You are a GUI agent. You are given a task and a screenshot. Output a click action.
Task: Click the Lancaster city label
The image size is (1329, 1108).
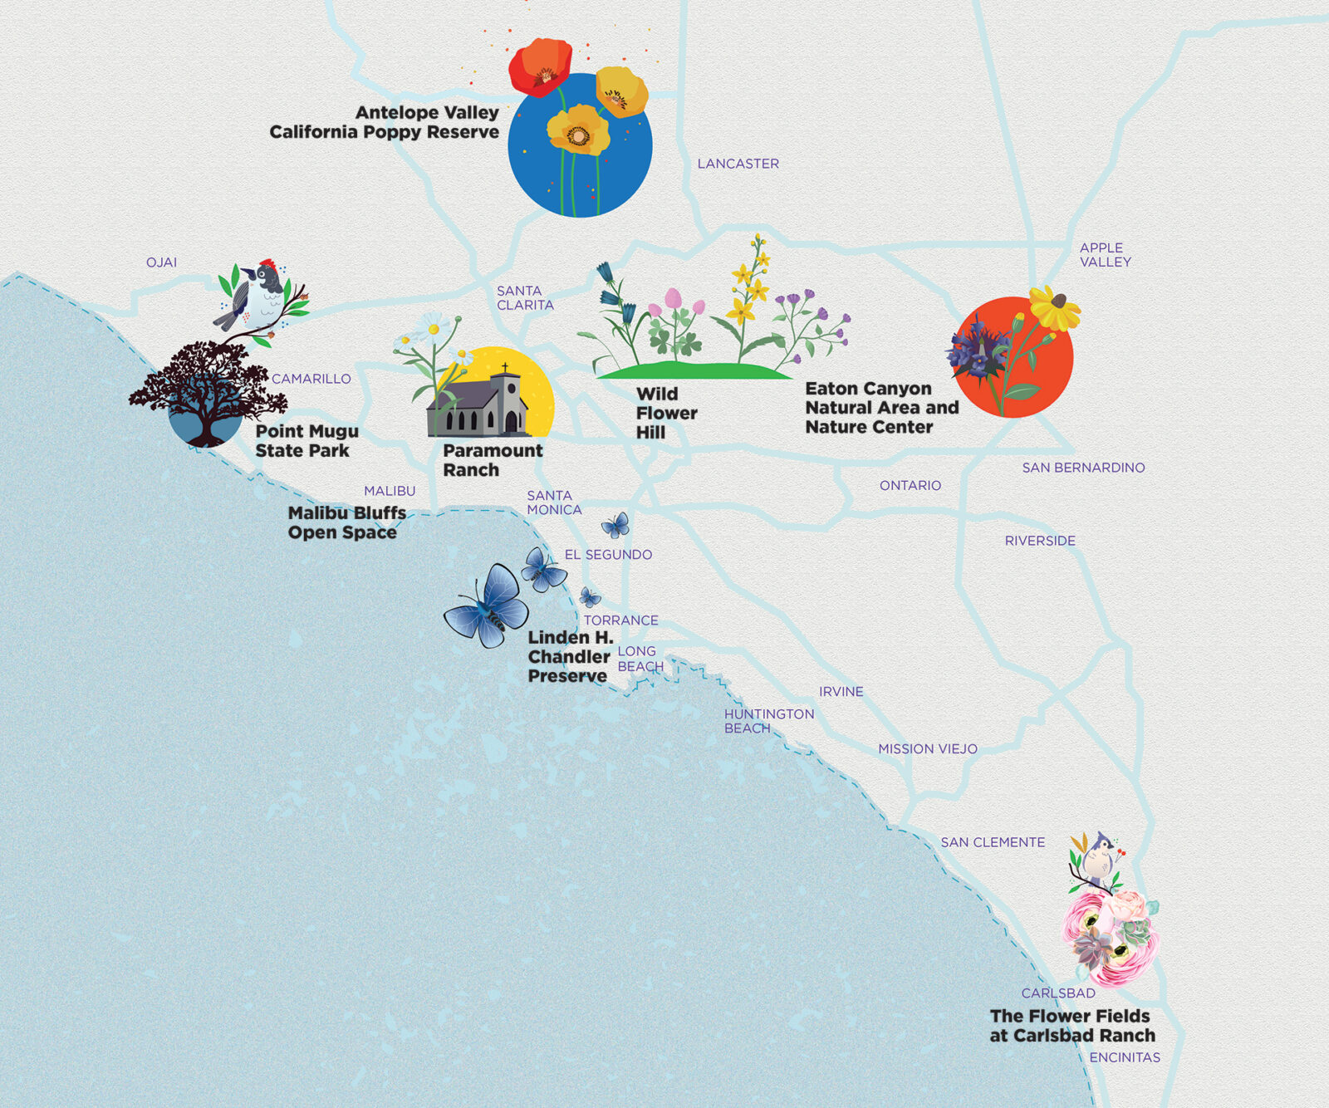[738, 164]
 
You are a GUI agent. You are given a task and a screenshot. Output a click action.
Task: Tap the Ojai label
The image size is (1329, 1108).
[161, 262]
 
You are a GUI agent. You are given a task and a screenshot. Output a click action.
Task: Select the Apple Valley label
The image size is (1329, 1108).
[1105, 254]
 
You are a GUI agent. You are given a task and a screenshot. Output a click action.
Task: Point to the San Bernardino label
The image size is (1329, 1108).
[1083, 468]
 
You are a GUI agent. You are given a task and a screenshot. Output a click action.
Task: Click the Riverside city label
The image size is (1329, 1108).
[1040, 541]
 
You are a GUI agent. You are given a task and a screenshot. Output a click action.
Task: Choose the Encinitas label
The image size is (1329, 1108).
[1125, 1057]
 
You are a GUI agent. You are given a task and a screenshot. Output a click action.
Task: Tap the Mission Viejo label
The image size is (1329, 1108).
[927, 748]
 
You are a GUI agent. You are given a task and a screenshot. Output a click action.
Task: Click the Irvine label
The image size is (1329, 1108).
[841, 691]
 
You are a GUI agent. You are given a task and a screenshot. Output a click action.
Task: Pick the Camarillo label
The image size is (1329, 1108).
[311, 379]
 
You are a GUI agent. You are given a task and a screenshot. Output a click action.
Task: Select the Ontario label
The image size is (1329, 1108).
[910, 485]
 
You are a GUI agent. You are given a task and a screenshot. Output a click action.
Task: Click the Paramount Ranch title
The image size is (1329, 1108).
[492, 460]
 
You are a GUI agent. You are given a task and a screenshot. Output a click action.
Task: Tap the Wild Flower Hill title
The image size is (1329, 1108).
[665, 413]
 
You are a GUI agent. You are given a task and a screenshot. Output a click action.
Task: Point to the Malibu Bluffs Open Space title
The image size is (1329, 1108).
[346, 522]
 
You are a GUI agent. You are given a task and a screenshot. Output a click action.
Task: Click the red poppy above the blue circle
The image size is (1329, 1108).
[541, 66]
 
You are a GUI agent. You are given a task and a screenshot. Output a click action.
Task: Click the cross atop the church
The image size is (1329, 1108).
[504, 366]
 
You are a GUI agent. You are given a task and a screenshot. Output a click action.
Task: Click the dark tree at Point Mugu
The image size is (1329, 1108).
[207, 387]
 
